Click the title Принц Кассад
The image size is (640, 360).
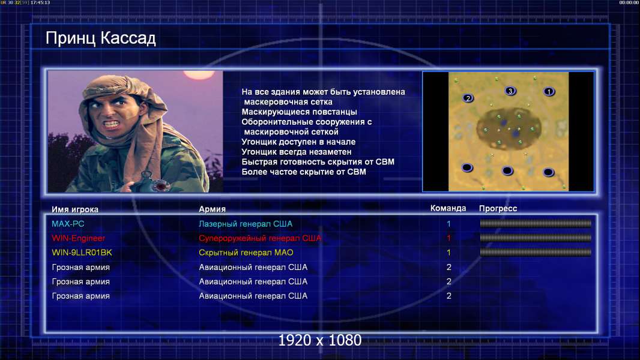point(100,38)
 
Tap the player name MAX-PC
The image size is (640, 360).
point(68,224)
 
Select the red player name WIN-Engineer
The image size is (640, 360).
point(79,238)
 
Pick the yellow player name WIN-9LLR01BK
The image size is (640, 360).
point(82,253)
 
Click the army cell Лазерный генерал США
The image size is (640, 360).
point(246,224)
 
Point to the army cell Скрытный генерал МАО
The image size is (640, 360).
point(246,253)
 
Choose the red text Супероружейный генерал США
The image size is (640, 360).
point(260,238)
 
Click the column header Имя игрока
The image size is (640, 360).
point(74,209)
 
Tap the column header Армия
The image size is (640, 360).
point(212,209)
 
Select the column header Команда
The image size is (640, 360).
point(448,208)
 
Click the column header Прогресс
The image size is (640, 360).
point(498,209)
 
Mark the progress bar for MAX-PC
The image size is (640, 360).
point(536,223)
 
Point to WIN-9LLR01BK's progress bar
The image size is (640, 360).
point(536,253)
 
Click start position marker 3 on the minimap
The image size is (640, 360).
point(510,91)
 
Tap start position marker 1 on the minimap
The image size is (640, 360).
point(549,92)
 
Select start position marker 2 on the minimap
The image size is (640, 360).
point(468,98)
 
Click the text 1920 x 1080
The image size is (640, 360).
point(319,340)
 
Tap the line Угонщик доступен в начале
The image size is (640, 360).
point(298,142)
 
